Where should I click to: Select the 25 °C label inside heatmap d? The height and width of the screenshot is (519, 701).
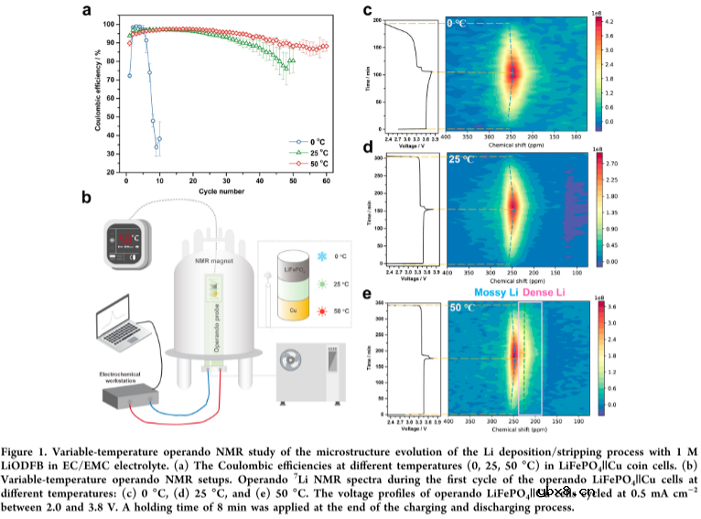[x=462, y=159]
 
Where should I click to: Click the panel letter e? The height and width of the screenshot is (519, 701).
[x=367, y=294]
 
